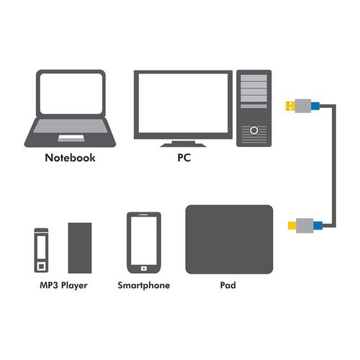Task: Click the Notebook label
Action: pyautogui.click(x=70, y=158)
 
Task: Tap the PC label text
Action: pyautogui.click(x=184, y=158)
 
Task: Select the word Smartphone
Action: pyautogui.click(x=144, y=285)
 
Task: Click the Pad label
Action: pyautogui.click(x=228, y=285)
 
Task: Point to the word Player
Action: pyautogui.click(x=74, y=286)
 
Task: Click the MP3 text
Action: pyautogui.click(x=49, y=285)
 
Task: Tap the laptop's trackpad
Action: pyautogui.click(x=71, y=138)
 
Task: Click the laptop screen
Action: pyautogui.click(x=71, y=94)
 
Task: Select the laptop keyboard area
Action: pyautogui.click(x=71, y=126)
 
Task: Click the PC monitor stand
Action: pyautogui.click(x=183, y=144)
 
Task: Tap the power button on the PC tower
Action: pyautogui.click(x=254, y=130)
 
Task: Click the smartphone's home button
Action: pyautogui.click(x=144, y=269)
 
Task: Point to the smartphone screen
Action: pyautogui.click(x=144, y=240)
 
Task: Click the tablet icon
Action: pyautogui.click(x=229, y=239)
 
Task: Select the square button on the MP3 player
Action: pyautogui.click(x=41, y=266)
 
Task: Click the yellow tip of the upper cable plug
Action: pyautogui.click(x=290, y=106)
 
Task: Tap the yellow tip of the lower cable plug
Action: pyautogui.click(x=292, y=225)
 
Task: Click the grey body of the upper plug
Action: pyautogui.click(x=303, y=106)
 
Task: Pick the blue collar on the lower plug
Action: pyautogui.click(x=318, y=225)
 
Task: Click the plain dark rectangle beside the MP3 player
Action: pyautogui.click(x=80, y=248)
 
